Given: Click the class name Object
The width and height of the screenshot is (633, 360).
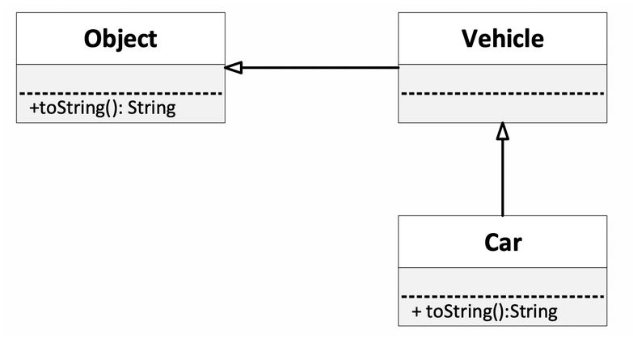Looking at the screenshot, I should click(120, 38).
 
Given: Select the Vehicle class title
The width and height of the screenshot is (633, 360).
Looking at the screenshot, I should click(502, 38).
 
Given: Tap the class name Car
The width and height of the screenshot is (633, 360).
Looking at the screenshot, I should click(502, 241).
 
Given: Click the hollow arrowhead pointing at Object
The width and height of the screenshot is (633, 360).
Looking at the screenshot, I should click(234, 68).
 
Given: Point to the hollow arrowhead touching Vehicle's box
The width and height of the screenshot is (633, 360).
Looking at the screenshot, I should click(502, 131).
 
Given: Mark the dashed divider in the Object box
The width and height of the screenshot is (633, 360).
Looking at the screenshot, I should click(120, 94).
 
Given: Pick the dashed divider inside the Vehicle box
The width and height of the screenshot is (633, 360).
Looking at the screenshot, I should click(502, 94).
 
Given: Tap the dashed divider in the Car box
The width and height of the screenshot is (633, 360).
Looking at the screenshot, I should click(502, 297).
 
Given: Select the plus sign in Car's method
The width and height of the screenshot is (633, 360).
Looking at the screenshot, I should click(416, 311).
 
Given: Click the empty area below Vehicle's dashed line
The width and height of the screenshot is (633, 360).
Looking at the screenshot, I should click(502, 109).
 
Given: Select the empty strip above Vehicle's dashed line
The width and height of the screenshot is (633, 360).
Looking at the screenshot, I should click(502, 78).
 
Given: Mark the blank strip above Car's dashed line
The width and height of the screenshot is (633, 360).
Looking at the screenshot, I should click(502, 281).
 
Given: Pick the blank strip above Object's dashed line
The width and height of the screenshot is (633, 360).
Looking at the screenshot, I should click(120, 78).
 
